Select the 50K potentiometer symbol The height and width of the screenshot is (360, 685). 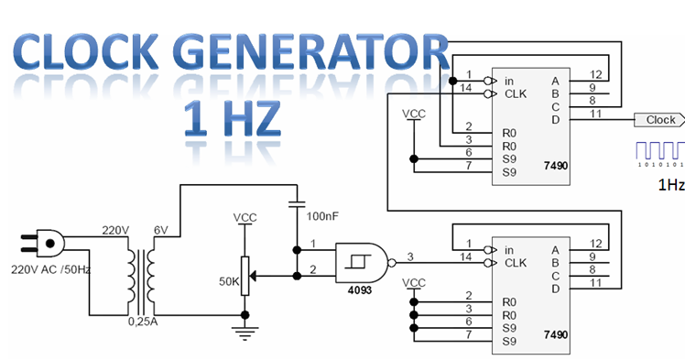pyautogui.click(x=245, y=274)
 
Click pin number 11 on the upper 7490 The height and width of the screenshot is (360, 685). pyautogui.click(x=595, y=113)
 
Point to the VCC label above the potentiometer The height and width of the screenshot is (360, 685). pyautogui.click(x=245, y=217)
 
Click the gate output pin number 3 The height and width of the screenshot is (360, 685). pyautogui.click(x=410, y=256)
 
